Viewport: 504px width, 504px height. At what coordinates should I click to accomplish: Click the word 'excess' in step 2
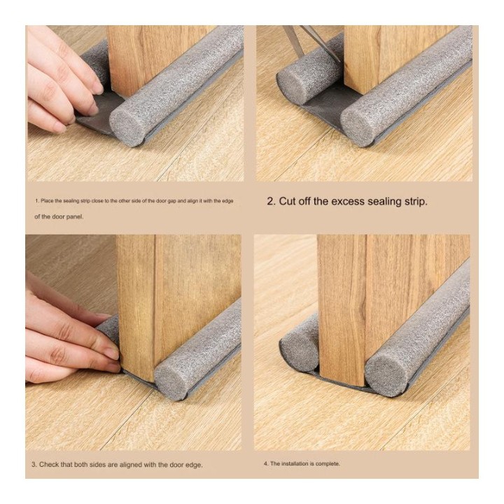point(347,202)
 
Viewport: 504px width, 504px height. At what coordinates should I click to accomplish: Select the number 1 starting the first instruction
point(36,201)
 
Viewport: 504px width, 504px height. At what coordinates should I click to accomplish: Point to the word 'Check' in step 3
point(48,465)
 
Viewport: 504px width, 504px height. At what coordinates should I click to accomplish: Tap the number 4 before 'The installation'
point(265,464)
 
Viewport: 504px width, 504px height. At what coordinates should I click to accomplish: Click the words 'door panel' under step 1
point(68,216)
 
